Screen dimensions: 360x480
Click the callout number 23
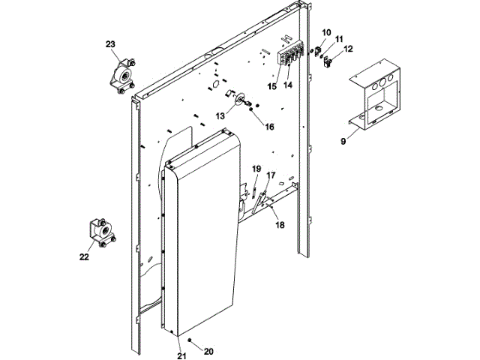coord(110,46)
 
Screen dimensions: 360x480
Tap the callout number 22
coord(84,256)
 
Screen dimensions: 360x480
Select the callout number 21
coord(181,355)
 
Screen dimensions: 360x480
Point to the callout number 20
coord(209,351)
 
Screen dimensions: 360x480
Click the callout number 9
coord(343,139)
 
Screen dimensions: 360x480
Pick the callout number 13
coord(220,116)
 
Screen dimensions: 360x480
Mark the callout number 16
coord(269,126)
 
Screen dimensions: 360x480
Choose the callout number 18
coord(279,224)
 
